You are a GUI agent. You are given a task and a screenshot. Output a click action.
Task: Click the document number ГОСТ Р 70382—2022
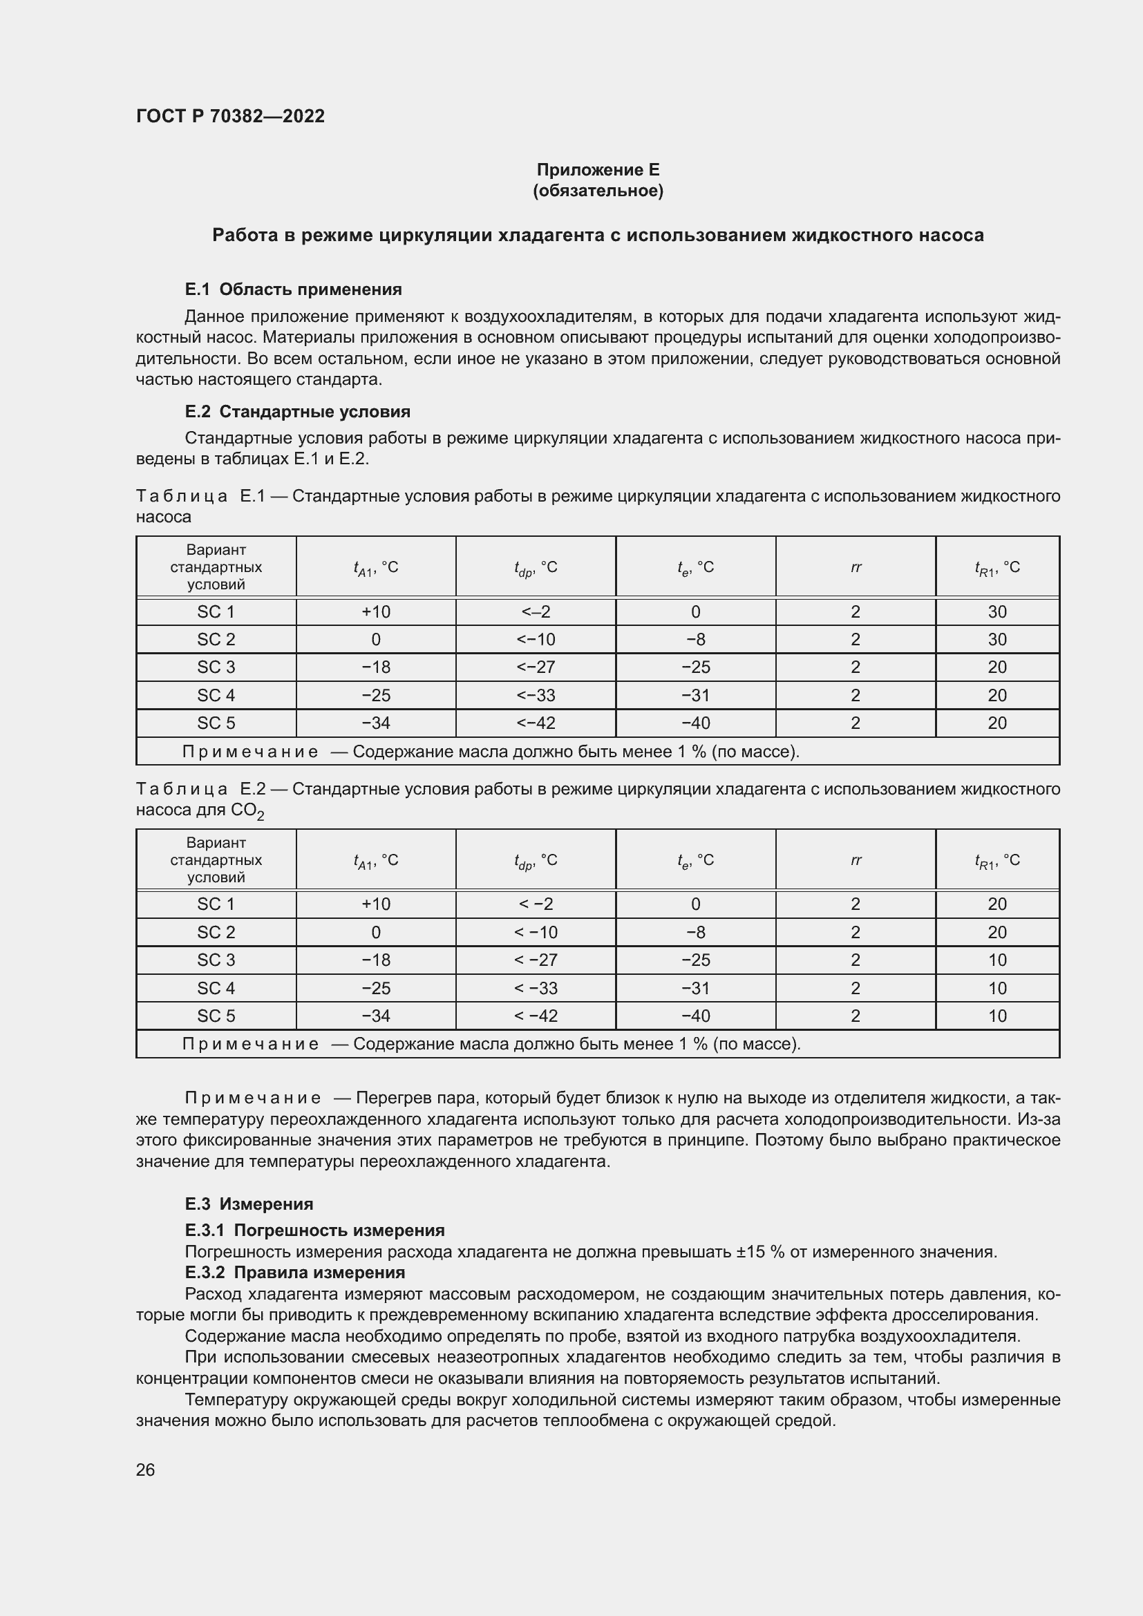(x=230, y=116)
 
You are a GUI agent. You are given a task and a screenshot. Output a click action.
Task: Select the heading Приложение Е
(x=598, y=170)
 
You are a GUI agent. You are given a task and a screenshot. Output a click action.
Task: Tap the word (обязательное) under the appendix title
(x=598, y=191)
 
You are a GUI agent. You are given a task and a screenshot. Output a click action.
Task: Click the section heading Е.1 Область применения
(x=293, y=289)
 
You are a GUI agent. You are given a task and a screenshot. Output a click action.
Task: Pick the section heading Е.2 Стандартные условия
(x=297, y=412)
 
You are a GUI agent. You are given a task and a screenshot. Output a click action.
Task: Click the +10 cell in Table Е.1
(x=376, y=611)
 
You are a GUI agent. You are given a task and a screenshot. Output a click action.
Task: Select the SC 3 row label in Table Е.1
(x=216, y=667)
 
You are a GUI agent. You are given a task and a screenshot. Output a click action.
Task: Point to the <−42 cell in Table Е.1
(x=536, y=723)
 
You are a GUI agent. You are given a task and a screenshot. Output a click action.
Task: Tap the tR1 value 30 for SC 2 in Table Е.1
(x=996, y=640)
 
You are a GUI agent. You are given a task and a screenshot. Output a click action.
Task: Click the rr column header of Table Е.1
(x=855, y=567)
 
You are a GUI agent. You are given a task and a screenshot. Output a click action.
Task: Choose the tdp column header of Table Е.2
(x=536, y=860)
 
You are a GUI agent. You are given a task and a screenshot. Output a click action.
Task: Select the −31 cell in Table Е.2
(x=695, y=988)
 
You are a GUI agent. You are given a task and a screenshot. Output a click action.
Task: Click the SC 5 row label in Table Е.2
(x=216, y=1016)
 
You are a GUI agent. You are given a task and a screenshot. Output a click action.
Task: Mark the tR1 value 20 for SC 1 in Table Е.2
(x=996, y=904)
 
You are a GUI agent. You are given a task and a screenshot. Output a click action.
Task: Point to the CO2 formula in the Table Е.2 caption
(x=247, y=812)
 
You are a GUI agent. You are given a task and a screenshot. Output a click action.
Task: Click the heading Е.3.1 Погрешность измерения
(x=314, y=1230)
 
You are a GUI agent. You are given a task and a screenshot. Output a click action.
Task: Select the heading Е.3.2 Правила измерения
(x=295, y=1273)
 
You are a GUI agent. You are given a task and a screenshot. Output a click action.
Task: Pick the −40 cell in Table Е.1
(x=695, y=723)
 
